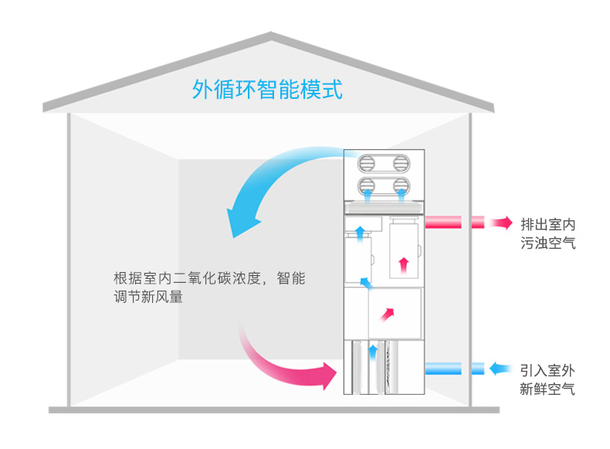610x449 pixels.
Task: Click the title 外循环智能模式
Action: [x=266, y=90]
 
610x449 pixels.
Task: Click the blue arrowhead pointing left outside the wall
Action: [x=500, y=369]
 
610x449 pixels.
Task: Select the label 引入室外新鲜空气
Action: [x=547, y=379]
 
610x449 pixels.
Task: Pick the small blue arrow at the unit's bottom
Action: [x=373, y=352]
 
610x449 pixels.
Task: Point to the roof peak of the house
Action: [x=271, y=34]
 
